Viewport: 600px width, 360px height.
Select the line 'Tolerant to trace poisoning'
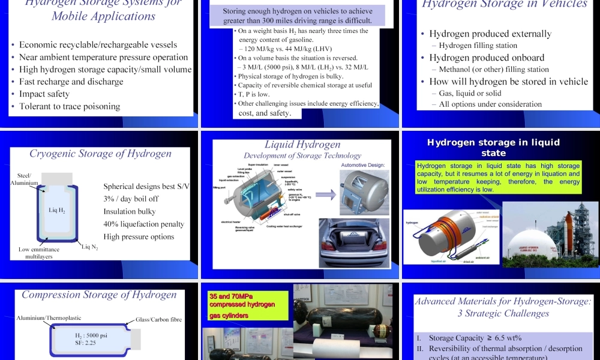point(70,106)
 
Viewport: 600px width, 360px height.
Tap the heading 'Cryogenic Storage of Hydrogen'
point(100,154)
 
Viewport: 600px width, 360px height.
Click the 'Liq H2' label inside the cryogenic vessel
point(57,210)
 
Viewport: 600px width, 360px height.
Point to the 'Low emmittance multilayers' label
point(39,253)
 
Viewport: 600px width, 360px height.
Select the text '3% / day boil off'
point(131,199)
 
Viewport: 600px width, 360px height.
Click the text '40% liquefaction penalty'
point(143,224)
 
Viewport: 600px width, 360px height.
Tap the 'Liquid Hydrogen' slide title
point(302,145)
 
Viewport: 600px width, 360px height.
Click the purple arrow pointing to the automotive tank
point(325,194)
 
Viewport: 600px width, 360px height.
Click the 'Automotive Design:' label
point(362,165)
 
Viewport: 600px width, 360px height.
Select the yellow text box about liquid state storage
point(499,178)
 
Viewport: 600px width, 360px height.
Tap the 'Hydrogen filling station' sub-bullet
point(478,46)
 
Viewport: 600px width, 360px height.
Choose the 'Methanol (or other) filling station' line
point(494,70)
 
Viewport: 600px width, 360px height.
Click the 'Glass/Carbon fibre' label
point(158,320)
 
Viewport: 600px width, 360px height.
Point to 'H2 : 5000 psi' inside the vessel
point(91,335)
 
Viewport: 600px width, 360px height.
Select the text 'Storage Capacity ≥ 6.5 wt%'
point(475,338)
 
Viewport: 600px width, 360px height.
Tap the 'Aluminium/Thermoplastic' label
point(49,318)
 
